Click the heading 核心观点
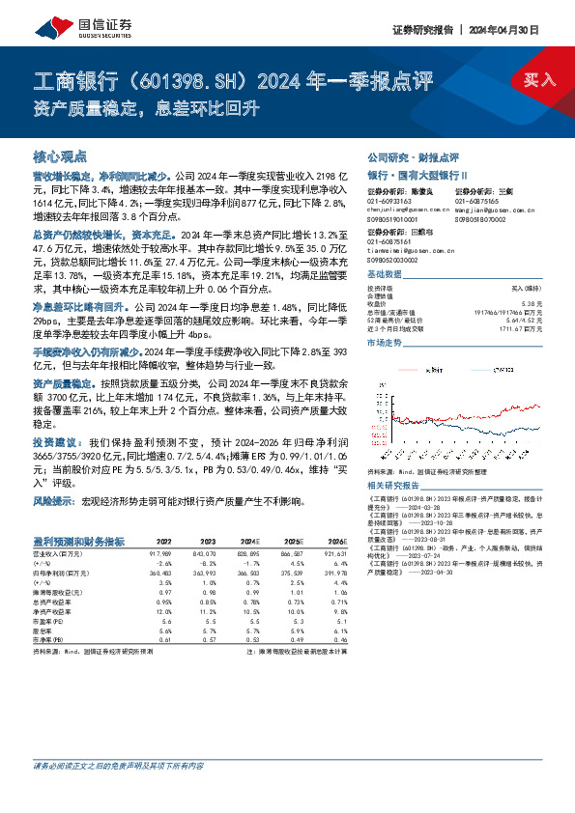tap(60, 155)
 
